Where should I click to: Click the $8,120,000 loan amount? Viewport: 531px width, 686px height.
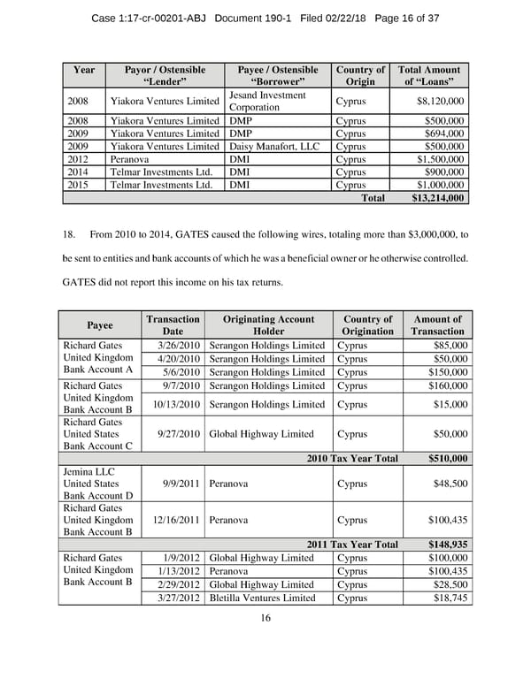coord(440,102)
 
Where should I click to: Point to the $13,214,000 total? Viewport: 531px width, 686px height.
coord(439,199)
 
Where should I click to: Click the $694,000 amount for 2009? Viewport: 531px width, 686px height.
coord(445,133)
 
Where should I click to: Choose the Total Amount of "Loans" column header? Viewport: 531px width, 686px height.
coord(429,76)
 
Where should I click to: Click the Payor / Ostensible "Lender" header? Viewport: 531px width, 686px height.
coord(165,76)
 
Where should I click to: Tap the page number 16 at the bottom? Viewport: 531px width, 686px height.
coord(265,618)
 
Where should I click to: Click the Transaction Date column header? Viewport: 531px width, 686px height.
coord(173,325)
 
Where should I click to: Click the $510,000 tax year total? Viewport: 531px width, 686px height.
coord(448,459)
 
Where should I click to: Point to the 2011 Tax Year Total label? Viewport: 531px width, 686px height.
coord(352,545)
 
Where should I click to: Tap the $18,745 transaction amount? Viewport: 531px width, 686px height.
coord(450,598)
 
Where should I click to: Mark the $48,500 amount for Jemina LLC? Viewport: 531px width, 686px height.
coord(450,484)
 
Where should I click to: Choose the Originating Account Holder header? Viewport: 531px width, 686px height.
coord(268,325)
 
